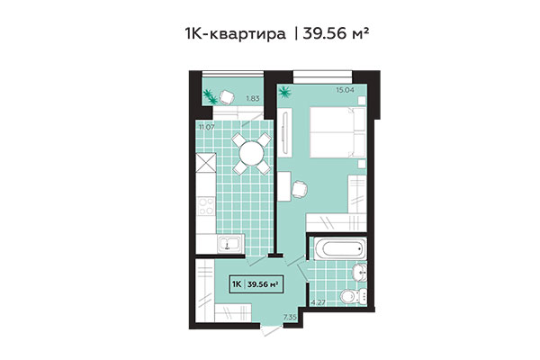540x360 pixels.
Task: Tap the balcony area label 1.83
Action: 254,97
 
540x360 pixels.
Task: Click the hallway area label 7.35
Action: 290,318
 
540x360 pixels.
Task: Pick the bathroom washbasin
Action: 357,272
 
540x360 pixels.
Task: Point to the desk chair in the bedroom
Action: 300,186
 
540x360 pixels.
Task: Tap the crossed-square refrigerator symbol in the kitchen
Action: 205,165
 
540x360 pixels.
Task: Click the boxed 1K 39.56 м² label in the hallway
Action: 254,284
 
